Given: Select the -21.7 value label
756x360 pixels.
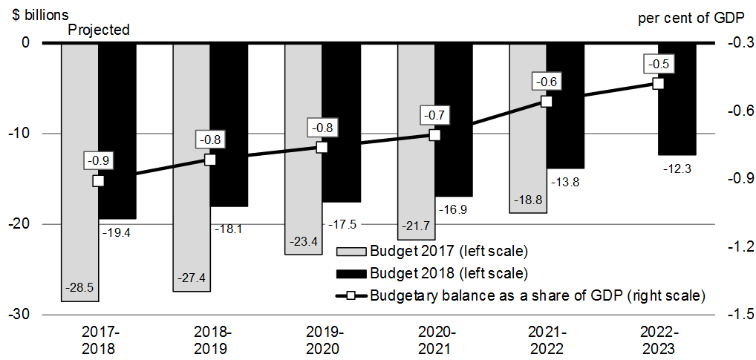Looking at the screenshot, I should point(416,226).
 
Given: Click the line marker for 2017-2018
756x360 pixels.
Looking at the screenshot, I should point(98,180).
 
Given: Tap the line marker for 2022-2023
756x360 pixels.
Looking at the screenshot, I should point(658,83).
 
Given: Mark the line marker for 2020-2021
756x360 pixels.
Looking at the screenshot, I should point(434,135).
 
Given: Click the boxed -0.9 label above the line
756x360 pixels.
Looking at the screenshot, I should point(98,160).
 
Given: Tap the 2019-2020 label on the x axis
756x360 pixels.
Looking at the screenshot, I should point(322,341).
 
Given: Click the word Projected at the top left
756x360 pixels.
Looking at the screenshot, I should point(99,30).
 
